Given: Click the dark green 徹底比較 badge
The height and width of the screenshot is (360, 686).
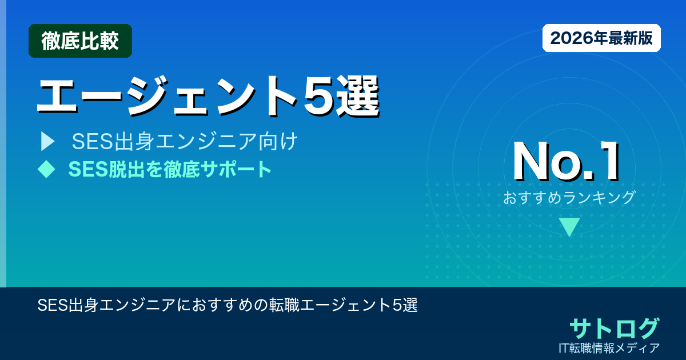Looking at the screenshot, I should (x=80, y=41).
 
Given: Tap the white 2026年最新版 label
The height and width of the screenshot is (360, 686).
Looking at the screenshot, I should (x=601, y=38).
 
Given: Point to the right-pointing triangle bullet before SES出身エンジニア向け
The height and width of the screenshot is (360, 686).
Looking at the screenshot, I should (x=47, y=142).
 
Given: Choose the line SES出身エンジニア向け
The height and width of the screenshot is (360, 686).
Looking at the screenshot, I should (x=185, y=142).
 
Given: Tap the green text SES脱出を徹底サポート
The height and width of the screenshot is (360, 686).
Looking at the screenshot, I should (x=170, y=169).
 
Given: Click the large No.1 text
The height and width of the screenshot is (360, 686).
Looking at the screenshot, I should (x=566, y=162).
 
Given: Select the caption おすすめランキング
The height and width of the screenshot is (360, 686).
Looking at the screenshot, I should (x=569, y=198).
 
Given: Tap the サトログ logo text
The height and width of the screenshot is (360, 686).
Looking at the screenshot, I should (x=614, y=328).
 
